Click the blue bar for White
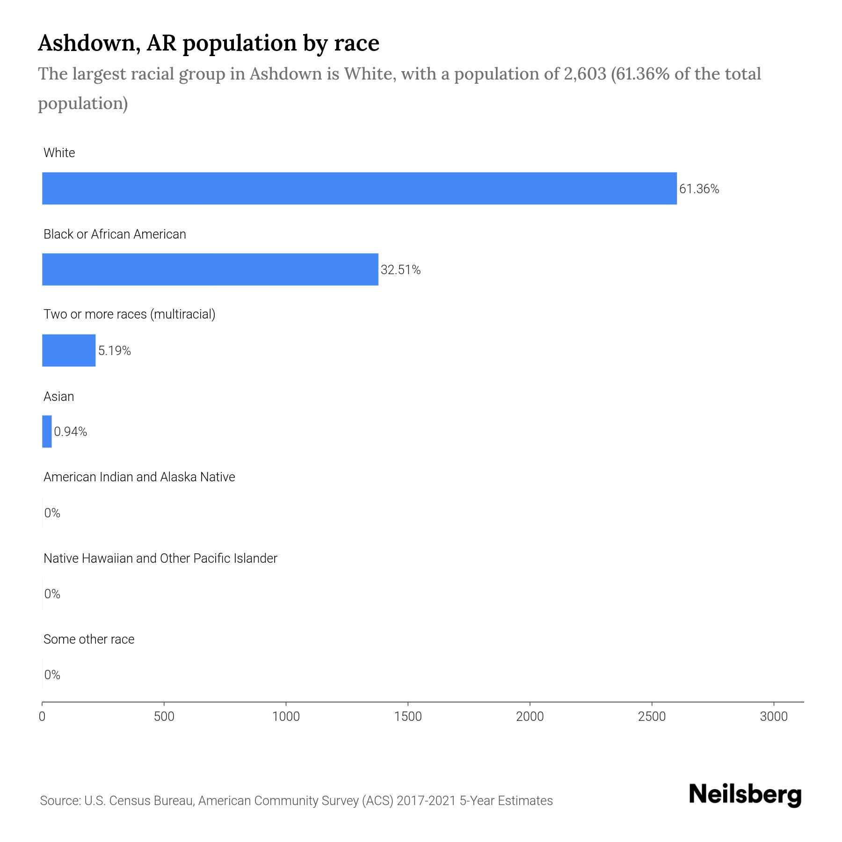pyautogui.click(x=359, y=189)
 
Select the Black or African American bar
pyautogui.click(x=210, y=269)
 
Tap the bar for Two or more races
pyautogui.click(x=69, y=350)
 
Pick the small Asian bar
pyautogui.click(x=47, y=431)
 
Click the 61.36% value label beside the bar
pyautogui.click(x=699, y=189)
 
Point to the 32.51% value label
pyautogui.click(x=400, y=270)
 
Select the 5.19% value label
pyautogui.click(x=114, y=351)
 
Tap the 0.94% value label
pyautogui.click(x=71, y=432)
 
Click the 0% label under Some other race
pyautogui.click(x=52, y=675)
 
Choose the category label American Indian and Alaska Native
pyautogui.click(x=139, y=477)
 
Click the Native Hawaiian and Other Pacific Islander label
pyautogui.click(x=160, y=559)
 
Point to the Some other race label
pyautogui.click(x=89, y=639)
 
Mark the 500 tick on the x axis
pyautogui.click(x=164, y=717)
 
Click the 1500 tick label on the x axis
pyautogui.click(x=408, y=717)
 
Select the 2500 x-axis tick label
pyautogui.click(x=652, y=717)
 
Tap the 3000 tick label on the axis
pyautogui.click(x=774, y=717)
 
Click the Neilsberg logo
pyautogui.click(x=745, y=795)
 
